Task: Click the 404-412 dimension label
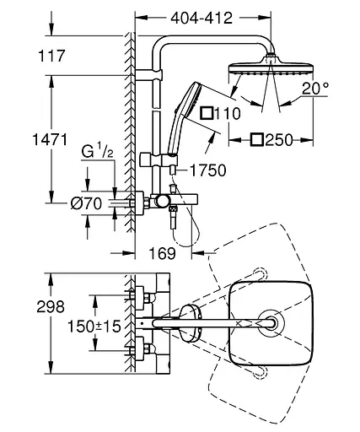[x=201, y=19]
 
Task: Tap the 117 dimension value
[x=51, y=56]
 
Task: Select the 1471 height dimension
[x=51, y=139]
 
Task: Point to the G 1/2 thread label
[x=97, y=151]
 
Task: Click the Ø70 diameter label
[x=86, y=203]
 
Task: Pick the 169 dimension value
[x=163, y=253]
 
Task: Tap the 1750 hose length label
[x=208, y=170]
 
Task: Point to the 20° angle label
[x=315, y=89]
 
